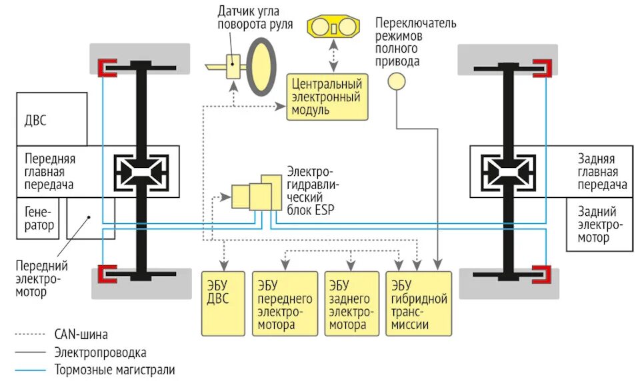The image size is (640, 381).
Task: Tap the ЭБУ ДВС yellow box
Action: pos(222,302)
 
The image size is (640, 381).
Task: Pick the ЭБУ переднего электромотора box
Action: pos(285,302)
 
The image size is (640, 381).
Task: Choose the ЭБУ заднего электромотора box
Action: pos(351,302)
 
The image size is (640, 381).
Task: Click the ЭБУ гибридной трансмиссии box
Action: pos(419,302)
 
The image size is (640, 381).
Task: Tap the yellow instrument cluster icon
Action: pos(332,29)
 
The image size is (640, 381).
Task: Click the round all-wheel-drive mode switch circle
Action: pos(397,81)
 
